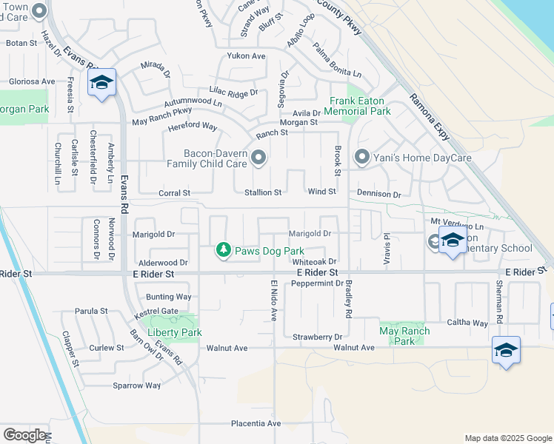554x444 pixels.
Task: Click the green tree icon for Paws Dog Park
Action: tap(223, 251)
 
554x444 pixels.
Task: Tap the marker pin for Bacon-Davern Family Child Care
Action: tap(258, 157)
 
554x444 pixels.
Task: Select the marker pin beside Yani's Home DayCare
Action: tap(361, 157)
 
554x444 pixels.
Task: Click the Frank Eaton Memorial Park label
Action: tap(360, 106)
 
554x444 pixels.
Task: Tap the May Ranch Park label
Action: tap(404, 336)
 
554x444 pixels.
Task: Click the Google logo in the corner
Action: tap(24, 434)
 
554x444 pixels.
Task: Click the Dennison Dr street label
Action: tap(378, 194)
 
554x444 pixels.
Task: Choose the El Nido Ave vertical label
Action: tap(273, 300)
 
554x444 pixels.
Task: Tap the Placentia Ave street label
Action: tap(254, 423)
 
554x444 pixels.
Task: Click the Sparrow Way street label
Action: tap(136, 386)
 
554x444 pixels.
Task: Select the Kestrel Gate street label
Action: tap(156, 312)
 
